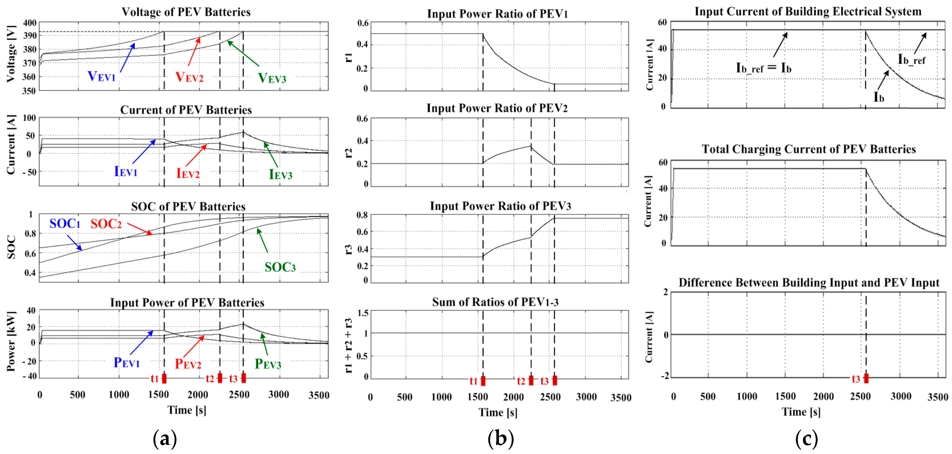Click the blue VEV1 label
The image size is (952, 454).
[101, 76]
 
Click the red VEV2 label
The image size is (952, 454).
[189, 77]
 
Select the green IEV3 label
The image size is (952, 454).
[280, 174]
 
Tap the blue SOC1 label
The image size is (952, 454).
[65, 224]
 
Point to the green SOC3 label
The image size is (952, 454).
[280, 267]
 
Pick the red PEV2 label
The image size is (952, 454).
[188, 364]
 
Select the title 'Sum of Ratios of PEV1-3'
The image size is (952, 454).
[495, 302]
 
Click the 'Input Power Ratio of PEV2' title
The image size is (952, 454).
[497, 108]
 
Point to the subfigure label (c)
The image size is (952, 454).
[806, 439]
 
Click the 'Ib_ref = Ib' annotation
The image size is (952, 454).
[764, 68]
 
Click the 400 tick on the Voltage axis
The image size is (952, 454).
[29, 23]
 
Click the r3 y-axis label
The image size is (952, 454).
[348, 249]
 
